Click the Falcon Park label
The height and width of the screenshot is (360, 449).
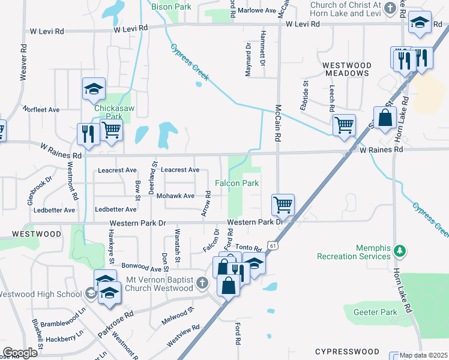(x=237, y=183)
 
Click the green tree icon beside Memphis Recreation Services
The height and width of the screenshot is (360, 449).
(x=398, y=250)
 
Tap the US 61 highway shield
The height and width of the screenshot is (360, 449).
(x=274, y=245)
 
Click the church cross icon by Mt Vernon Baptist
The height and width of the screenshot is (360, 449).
(x=202, y=283)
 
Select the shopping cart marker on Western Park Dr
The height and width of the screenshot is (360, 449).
(x=282, y=204)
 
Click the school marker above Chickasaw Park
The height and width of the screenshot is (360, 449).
(x=94, y=89)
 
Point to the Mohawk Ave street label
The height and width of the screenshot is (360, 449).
(x=175, y=196)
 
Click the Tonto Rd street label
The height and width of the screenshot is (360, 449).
(x=249, y=248)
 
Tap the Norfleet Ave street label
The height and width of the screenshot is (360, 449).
(x=41, y=110)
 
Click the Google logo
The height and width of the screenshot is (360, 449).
(x=20, y=352)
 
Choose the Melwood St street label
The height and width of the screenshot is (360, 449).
(x=178, y=316)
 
